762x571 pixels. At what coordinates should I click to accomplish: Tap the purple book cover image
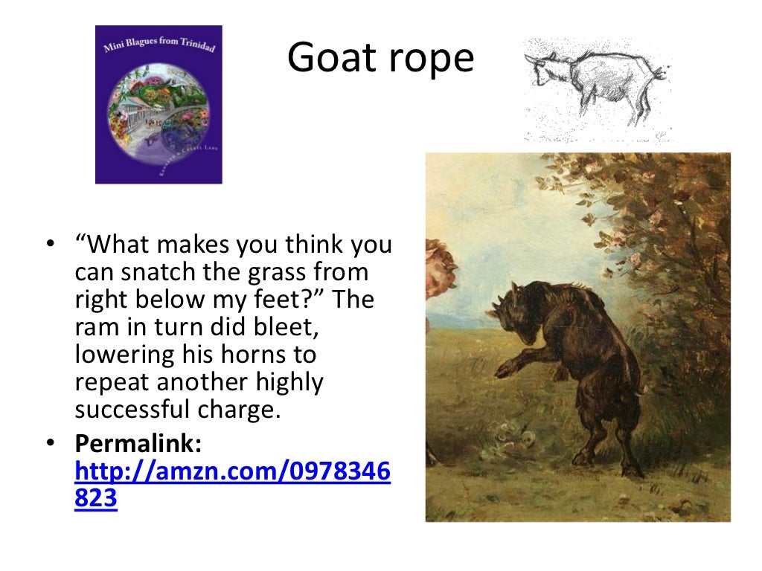159,104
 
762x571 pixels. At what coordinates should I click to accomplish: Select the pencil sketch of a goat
598,88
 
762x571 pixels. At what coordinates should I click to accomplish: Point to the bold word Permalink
138,445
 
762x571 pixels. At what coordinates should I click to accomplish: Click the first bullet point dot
50,245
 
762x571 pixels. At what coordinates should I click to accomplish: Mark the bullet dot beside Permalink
50,445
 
